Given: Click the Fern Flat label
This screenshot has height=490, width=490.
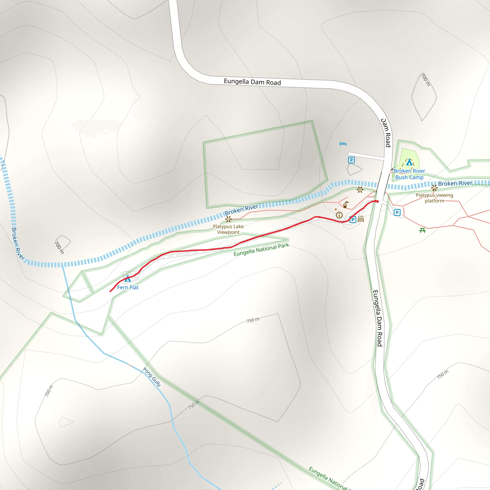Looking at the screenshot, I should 128,287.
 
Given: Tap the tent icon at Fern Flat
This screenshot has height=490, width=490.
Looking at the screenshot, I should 128,278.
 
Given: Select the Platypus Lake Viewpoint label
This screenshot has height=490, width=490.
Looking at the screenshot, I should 228,229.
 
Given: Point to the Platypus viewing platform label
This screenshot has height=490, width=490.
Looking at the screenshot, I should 434,198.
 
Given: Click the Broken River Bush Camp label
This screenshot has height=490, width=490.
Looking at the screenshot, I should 409,174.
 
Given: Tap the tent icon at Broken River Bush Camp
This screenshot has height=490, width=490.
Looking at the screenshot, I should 409,162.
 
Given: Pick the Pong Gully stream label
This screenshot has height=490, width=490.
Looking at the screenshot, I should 152,377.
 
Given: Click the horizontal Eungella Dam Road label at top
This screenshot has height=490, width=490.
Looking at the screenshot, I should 252,82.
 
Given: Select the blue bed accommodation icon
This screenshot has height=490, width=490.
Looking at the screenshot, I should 343,144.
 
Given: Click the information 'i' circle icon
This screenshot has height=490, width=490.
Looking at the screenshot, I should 339,215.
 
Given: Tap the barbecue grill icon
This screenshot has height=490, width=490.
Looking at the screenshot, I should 361,219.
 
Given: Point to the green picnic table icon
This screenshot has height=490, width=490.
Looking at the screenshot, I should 422,230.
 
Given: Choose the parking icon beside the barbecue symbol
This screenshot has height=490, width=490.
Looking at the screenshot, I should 352,219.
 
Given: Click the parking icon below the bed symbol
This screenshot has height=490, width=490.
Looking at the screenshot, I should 351,160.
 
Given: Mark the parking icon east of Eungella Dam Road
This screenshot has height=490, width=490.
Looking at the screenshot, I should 397,212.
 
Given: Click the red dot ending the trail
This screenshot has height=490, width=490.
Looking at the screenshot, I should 377,201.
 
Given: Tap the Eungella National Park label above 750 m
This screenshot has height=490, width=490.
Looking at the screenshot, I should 261,250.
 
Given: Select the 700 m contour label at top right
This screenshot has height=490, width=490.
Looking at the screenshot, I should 425,80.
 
